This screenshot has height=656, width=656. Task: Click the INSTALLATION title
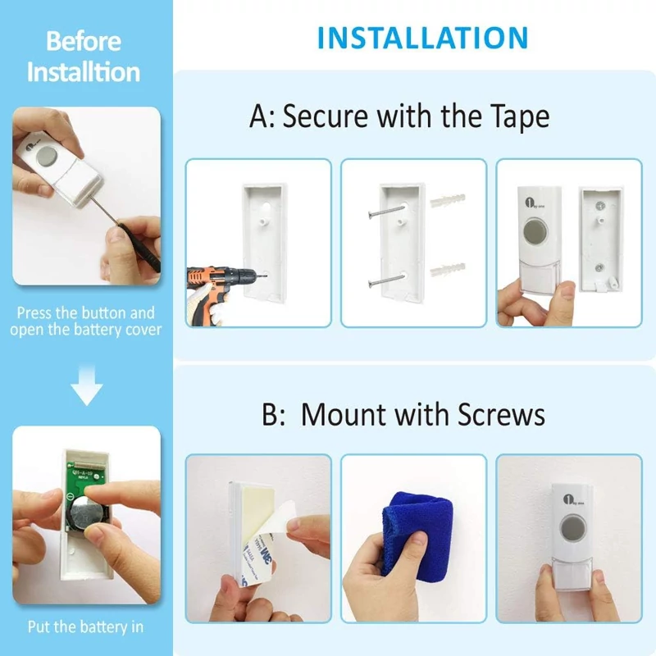(422, 38)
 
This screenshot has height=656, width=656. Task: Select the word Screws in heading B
(501, 415)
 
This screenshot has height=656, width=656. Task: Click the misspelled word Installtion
(84, 72)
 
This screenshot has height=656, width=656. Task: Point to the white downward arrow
(87, 385)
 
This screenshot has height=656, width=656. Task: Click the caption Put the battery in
(85, 626)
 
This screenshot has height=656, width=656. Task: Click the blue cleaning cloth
(417, 534)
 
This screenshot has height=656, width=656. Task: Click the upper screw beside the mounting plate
(385, 211)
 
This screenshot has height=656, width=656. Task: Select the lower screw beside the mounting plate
(386, 280)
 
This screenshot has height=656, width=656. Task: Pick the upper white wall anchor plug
(448, 200)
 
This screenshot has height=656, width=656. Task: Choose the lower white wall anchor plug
(448, 270)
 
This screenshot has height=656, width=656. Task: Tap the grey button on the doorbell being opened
(48, 156)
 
